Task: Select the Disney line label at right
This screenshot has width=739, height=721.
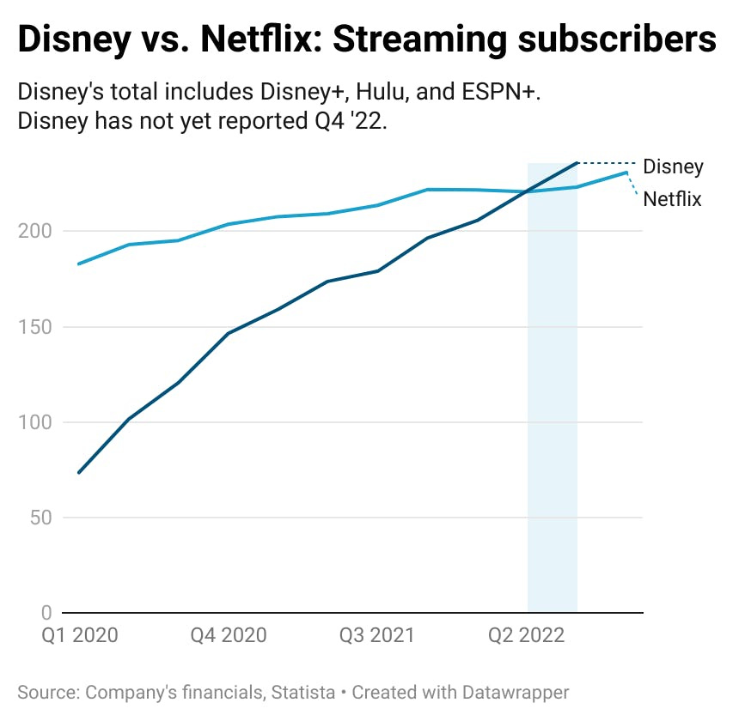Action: coord(673,167)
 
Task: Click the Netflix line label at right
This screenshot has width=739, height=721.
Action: coord(672,199)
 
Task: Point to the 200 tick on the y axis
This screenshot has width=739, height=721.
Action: coord(35,232)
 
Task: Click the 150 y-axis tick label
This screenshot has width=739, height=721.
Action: coord(35,327)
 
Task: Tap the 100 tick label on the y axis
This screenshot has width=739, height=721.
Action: coord(35,422)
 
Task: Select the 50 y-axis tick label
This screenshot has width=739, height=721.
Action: coord(40,518)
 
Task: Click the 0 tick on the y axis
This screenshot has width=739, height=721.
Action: coord(46,613)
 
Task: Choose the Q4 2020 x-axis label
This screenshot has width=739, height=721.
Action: coord(229,635)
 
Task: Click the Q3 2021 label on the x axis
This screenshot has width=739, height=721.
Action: coord(377,635)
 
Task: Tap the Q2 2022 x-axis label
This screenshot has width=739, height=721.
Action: coord(527,635)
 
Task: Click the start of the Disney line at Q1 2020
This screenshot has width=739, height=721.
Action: coord(78,472)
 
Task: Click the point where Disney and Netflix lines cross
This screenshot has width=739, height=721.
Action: coord(530,191)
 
